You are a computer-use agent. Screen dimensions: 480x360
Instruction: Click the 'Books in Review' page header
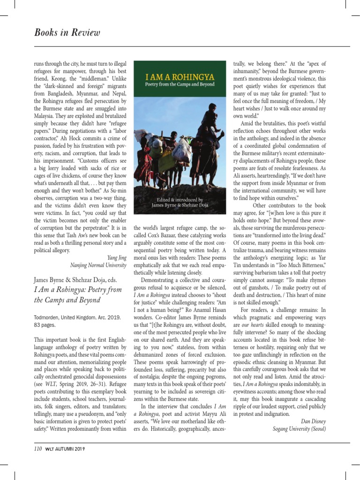click(x=67, y=32)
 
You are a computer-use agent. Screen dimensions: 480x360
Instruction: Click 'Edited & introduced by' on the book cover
click(x=180, y=199)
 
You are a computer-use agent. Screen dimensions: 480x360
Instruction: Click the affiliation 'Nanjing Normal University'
click(x=98, y=265)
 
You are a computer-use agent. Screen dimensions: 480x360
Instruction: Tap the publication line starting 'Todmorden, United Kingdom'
click(x=77, y=317)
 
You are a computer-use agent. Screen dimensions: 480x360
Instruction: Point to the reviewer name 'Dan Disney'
click(x=313, y=421)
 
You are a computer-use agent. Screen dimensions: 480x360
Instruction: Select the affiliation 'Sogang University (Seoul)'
click(x=299, y=428)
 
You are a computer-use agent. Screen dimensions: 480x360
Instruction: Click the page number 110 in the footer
click(x=38, y=449)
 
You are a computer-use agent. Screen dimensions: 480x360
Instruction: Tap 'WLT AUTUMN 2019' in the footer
click(x=65, y=449)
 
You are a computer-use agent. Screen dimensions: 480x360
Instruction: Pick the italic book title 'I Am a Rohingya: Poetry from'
click(x=78, y=290)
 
